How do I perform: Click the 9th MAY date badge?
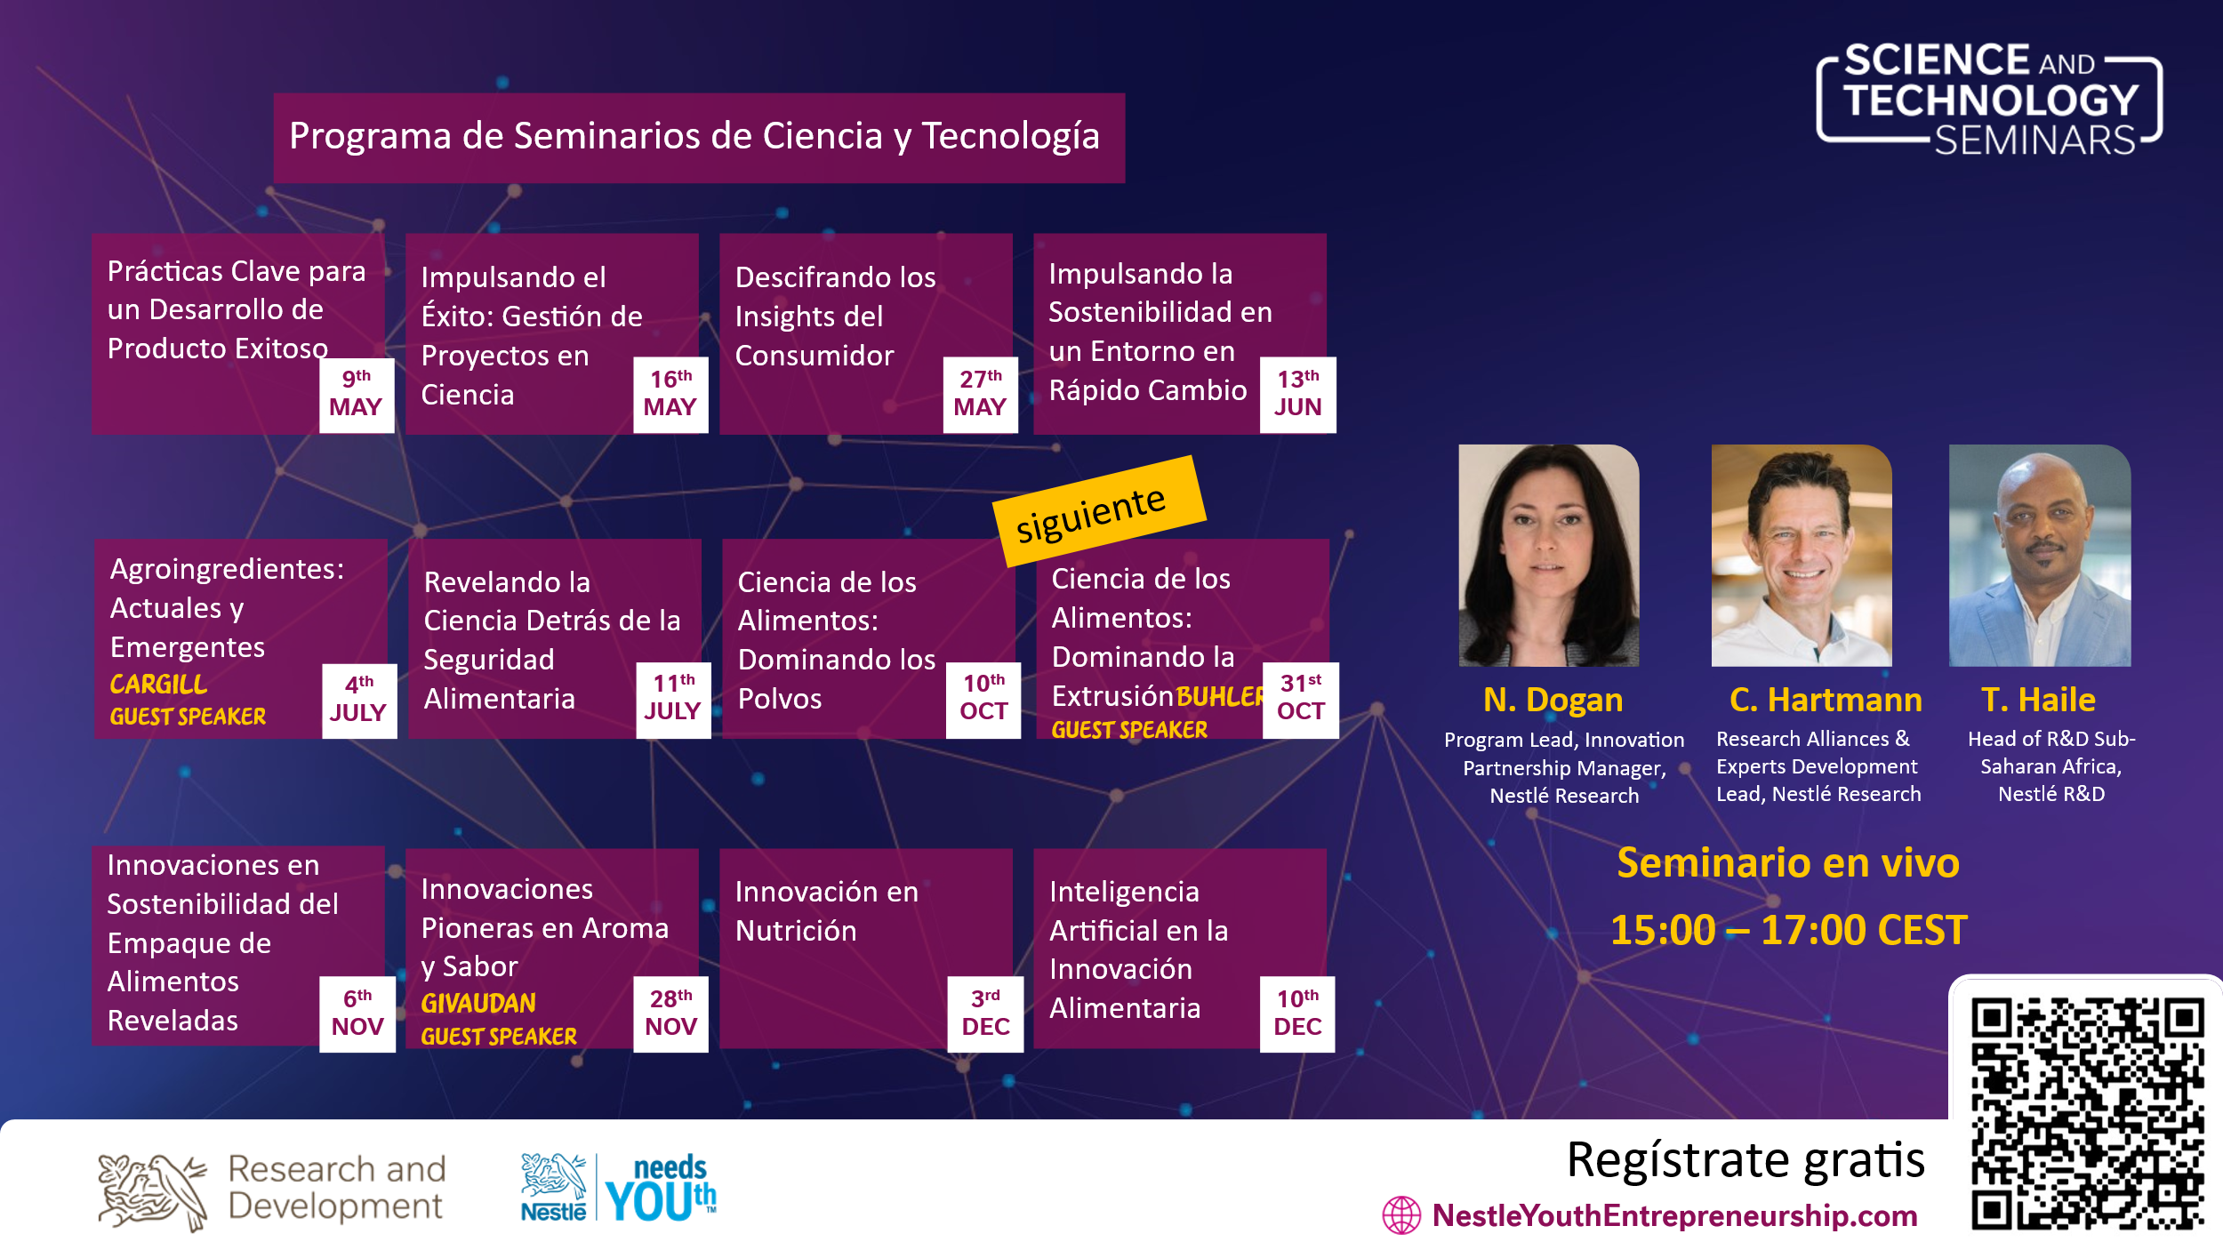[356, 395]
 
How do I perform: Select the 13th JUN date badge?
[1297, 395]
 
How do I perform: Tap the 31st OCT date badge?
[1300, 700]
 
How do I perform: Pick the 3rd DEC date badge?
[985, 1014]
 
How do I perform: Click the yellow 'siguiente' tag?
[1098, 512]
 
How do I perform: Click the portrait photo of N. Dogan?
[1548, 556]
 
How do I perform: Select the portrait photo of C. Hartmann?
[1802, 556]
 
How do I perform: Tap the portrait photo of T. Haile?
[2040, 556]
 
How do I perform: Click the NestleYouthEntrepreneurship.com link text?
[1674, 1215]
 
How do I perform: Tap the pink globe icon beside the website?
[1401, 1215]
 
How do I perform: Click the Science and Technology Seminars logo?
[1990, 100]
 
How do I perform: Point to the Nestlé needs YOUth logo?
[619, 1189]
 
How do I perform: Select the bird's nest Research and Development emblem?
[151, 1191]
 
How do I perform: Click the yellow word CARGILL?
[158, 685]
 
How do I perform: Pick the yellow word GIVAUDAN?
[478, 1004]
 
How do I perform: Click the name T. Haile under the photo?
[2038, 701]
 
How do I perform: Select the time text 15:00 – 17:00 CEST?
[1788, 931]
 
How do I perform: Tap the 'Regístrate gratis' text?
[1745, 1160]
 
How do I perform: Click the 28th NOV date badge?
[670, 1014]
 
